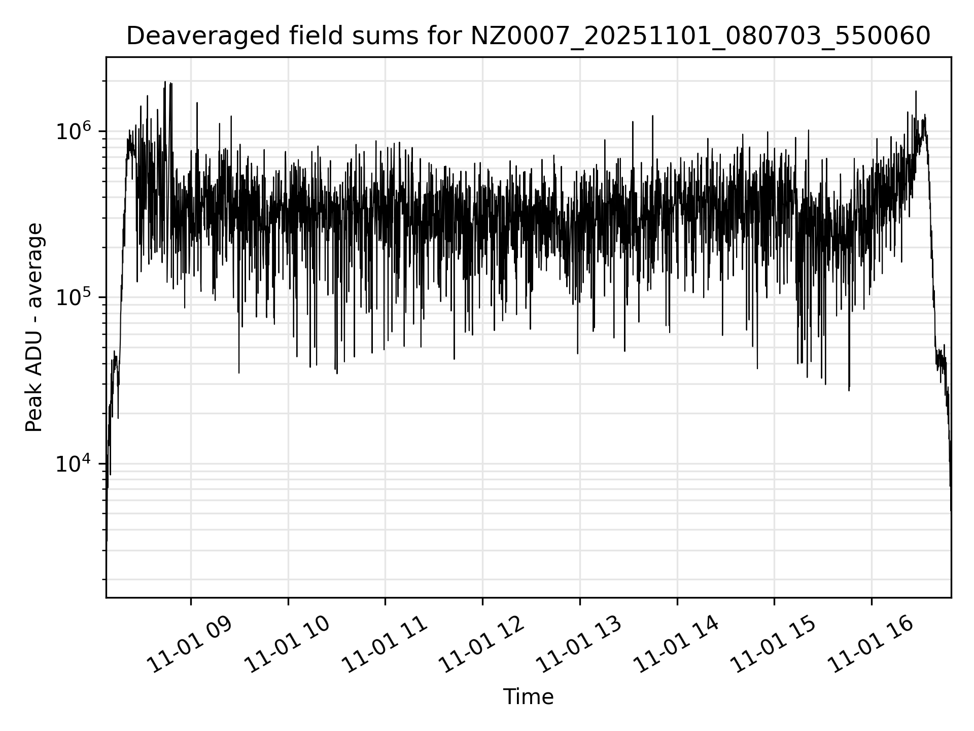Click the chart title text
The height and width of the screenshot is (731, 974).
tap(528, 36)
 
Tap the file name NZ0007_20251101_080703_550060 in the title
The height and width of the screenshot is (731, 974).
tap(700, 36)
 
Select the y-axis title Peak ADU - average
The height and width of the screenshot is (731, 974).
tap(34, 327)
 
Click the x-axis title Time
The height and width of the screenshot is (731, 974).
tap(528, 697)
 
